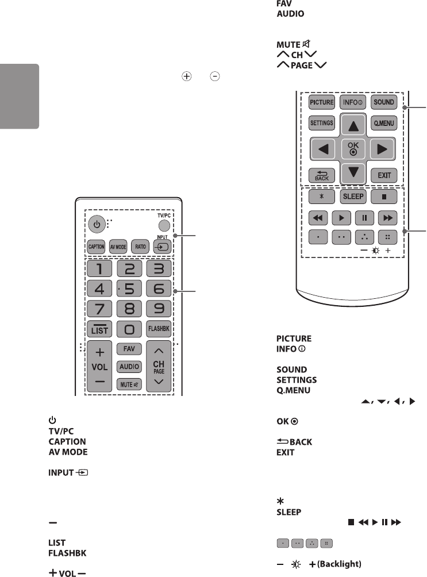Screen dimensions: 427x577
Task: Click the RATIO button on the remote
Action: point(139,246)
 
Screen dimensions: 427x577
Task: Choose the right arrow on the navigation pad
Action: point(382,151)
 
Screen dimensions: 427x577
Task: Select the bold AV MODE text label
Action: point(67,452)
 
